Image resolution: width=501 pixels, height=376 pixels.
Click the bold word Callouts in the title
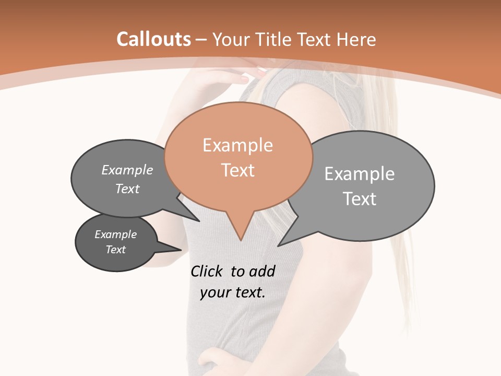pos(154,39)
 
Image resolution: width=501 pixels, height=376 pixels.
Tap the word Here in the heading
pos(356,39)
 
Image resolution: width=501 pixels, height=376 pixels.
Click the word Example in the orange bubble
pos(237,145)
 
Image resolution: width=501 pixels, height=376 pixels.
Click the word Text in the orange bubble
pos(238,170)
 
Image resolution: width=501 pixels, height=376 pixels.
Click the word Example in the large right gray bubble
pos(359,174)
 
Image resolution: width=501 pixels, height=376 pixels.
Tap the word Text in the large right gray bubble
pos(360,199)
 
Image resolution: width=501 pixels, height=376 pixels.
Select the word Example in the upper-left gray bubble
pos(127,170)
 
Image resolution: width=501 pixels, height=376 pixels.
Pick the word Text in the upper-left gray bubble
pos(127,189)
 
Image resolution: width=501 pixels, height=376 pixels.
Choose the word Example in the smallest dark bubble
pos(115,234)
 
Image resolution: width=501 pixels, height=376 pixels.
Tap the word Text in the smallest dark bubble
pos(116,250)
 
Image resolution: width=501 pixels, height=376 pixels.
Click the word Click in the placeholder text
pos(207,271)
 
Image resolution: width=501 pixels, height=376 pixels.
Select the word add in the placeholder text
pos(262,271)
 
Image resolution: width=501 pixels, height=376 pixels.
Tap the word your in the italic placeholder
pos(214,292)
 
